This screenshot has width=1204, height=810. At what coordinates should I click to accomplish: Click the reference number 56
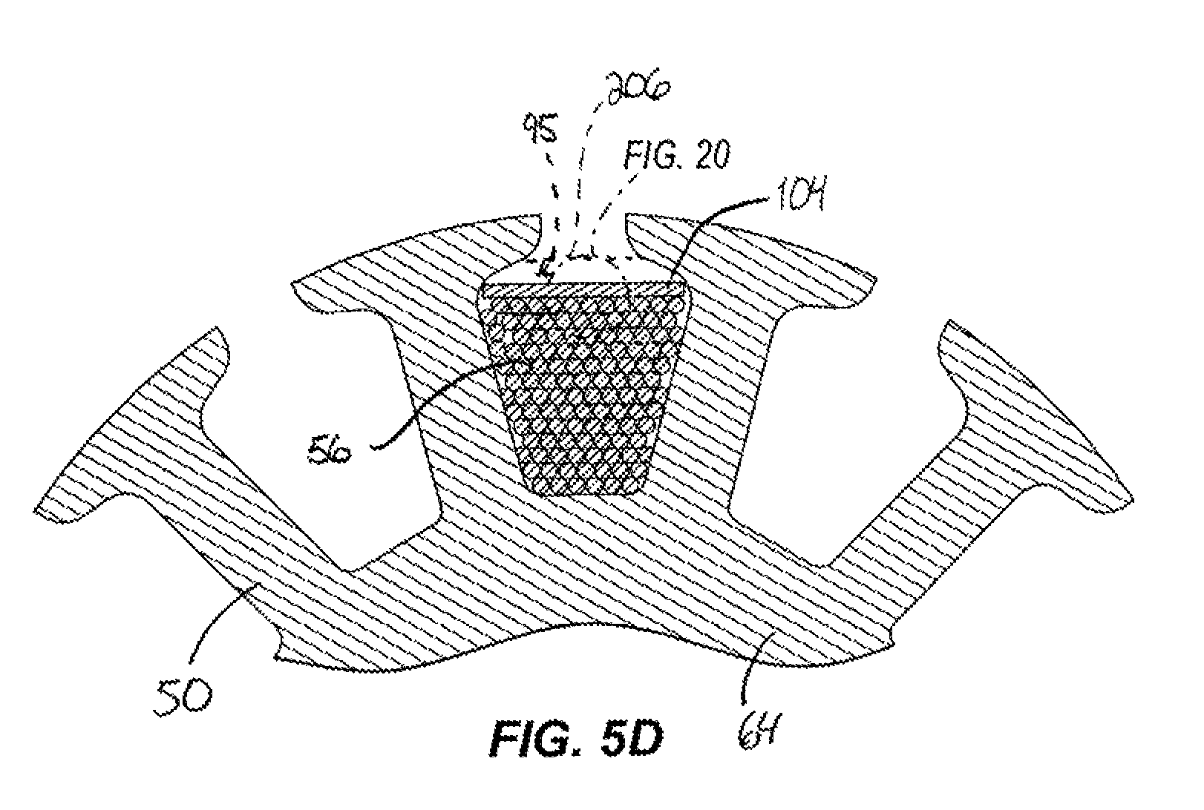click(x=329, y=452)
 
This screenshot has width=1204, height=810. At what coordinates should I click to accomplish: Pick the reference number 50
click(x=183, y=697)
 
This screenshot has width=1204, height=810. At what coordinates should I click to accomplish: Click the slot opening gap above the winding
click(x=583, y=242)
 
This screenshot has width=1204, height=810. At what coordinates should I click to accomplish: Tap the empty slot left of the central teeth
click(x=322, y=462)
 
